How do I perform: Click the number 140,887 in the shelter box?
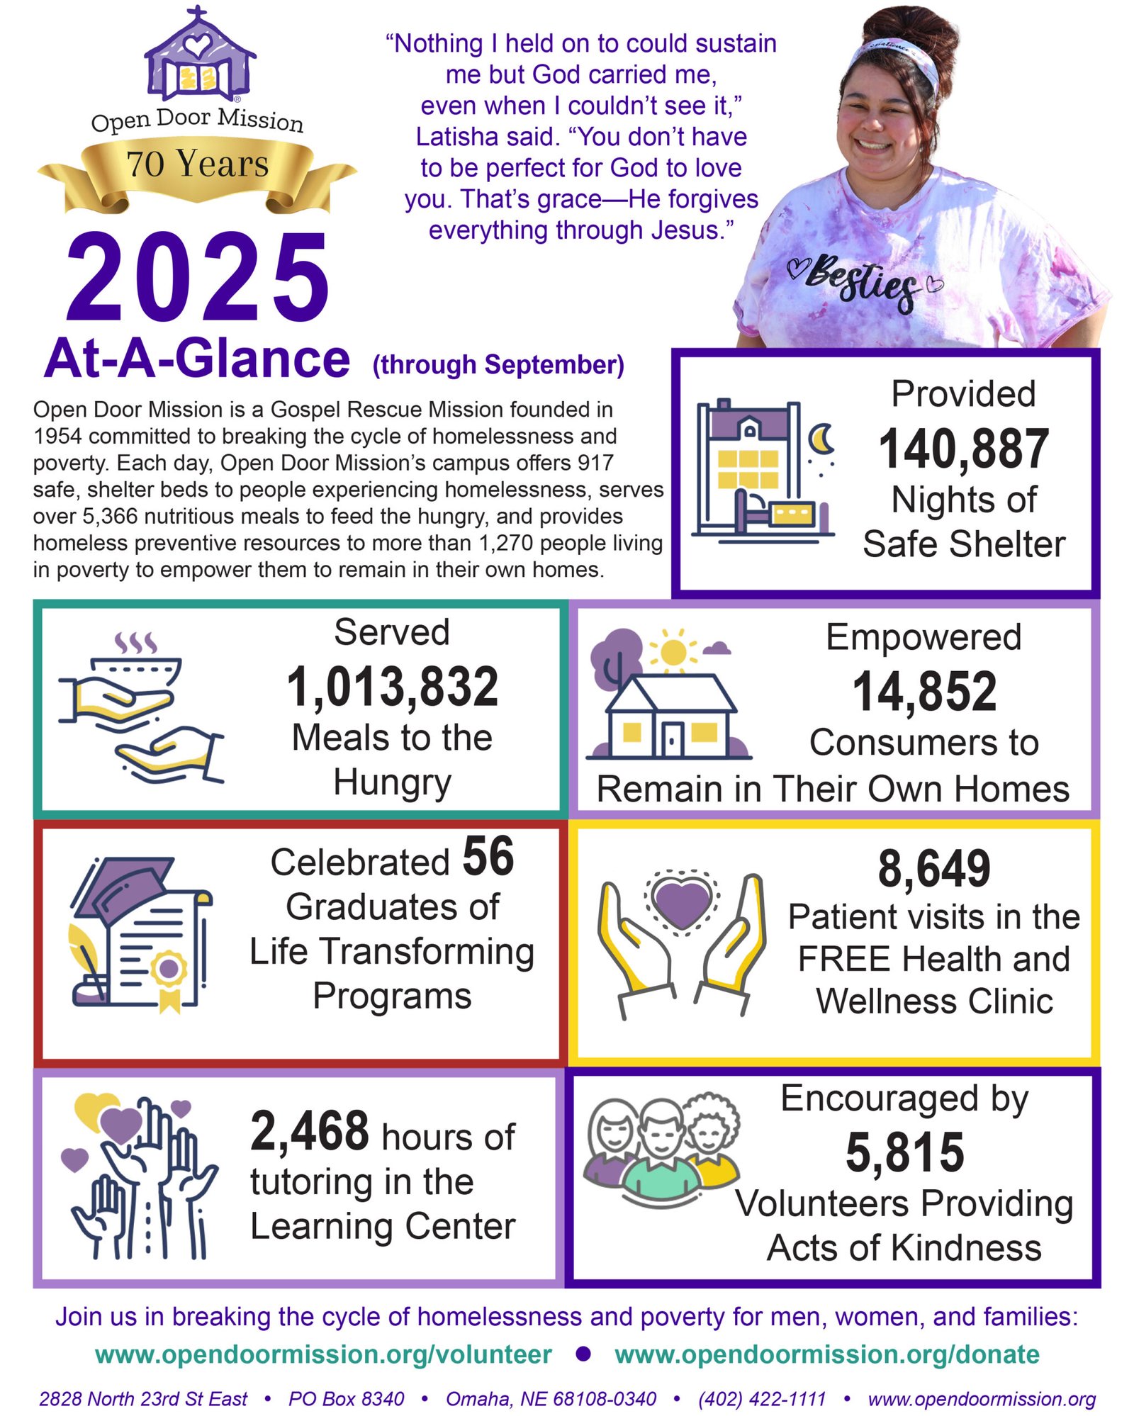pos(963,449)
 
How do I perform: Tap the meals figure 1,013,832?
pos(392,686)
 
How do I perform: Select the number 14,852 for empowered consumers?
pos(924,691)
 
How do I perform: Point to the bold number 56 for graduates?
pos(488,856)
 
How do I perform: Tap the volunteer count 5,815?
pos(904,1152)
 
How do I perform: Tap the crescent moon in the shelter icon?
pos(821,439)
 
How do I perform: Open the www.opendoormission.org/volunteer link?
pos(323,1354)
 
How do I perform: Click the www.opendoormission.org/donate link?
pos(826,1354)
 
